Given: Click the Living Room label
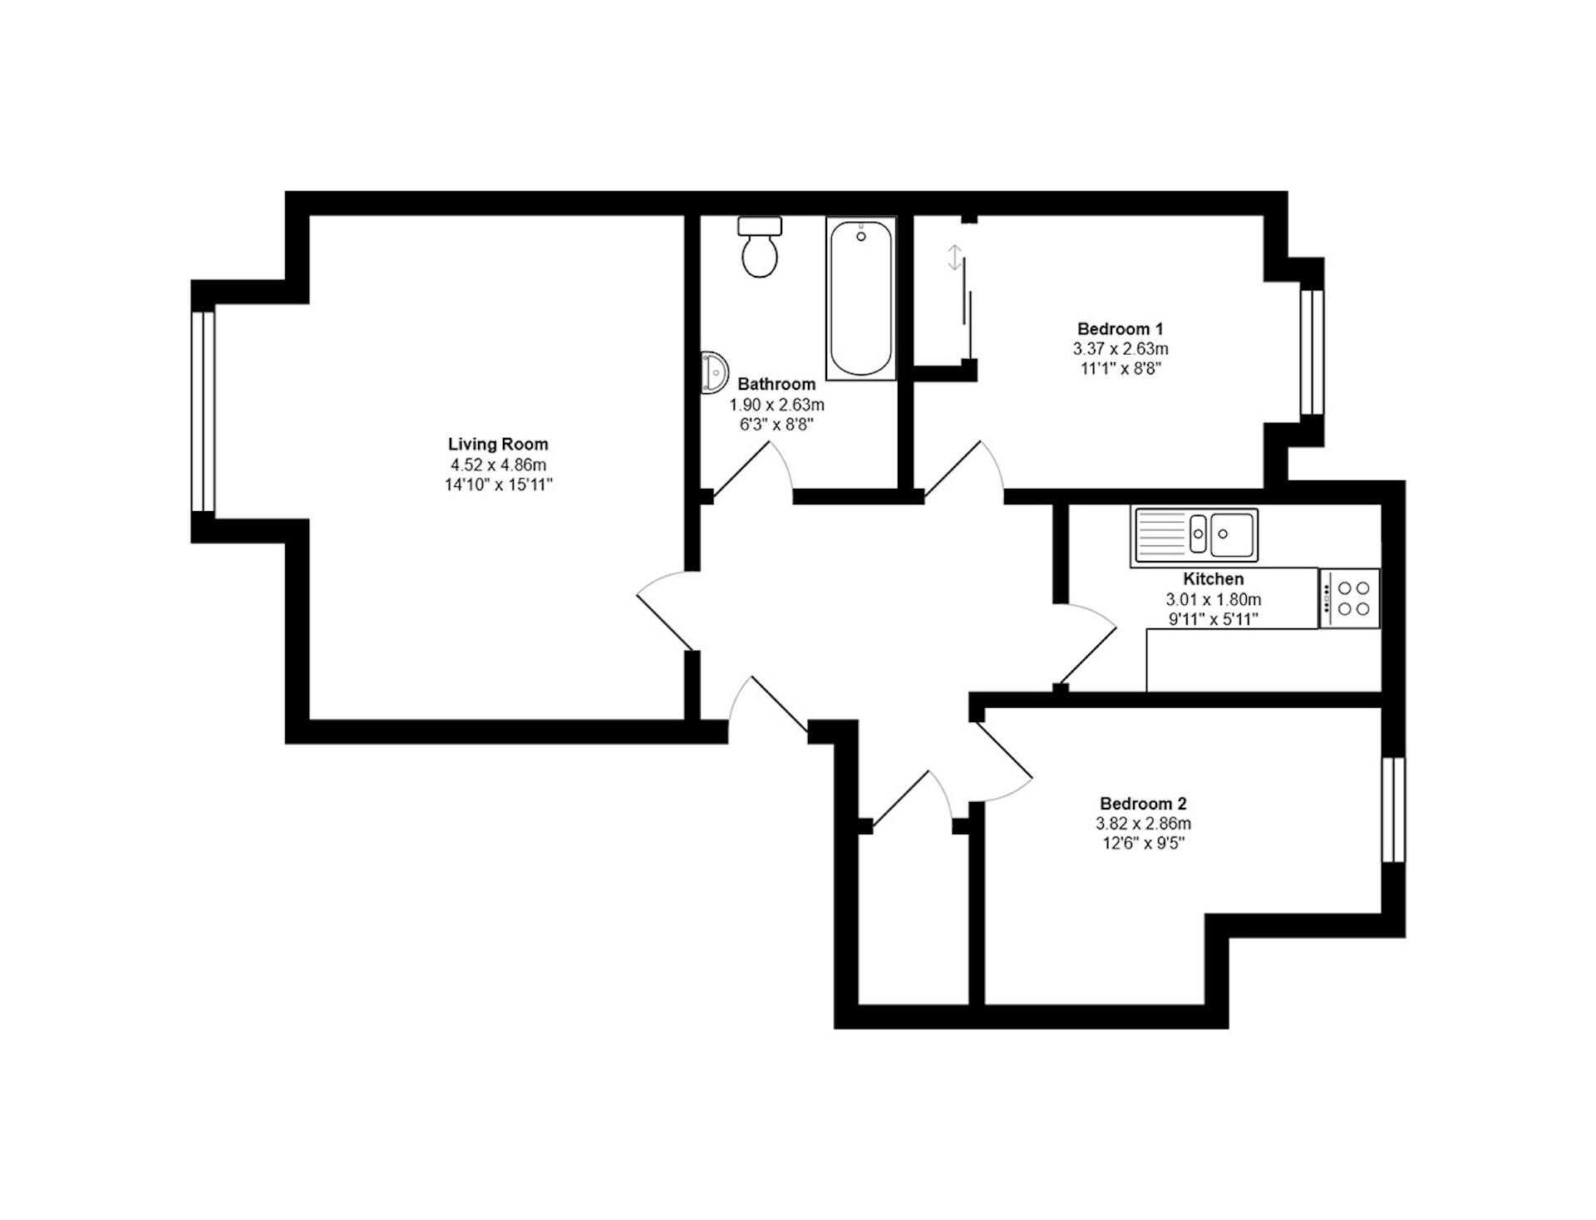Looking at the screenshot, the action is tap(498, 444).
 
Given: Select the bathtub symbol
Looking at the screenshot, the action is tap(861, 298).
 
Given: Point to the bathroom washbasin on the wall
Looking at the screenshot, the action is tap(714, 371).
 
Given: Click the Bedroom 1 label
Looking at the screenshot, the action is tap(1120, 328).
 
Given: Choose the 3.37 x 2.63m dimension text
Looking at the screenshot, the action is tap(1120, 349).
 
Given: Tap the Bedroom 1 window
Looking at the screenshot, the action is tap(1311, 352).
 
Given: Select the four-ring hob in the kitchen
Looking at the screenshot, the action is tap(1349, 598).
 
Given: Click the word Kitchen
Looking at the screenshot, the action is tap(1213, 578).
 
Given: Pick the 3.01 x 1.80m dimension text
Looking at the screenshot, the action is tap(1213, 599).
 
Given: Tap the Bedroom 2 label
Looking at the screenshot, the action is tap(1143, 804).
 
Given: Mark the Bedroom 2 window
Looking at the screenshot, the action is tap(1394, 810).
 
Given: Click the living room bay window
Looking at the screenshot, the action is tap(204, 411).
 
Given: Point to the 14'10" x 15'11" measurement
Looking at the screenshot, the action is tap(498, 485).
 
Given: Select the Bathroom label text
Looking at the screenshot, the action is tap(776, 384).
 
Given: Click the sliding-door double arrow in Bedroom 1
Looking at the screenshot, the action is tap(955, 258).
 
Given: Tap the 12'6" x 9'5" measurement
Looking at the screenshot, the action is tap(1143, 844).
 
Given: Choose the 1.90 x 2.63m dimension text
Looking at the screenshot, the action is tap(776, 405).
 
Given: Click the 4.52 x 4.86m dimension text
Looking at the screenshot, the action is tap(498, 465).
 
